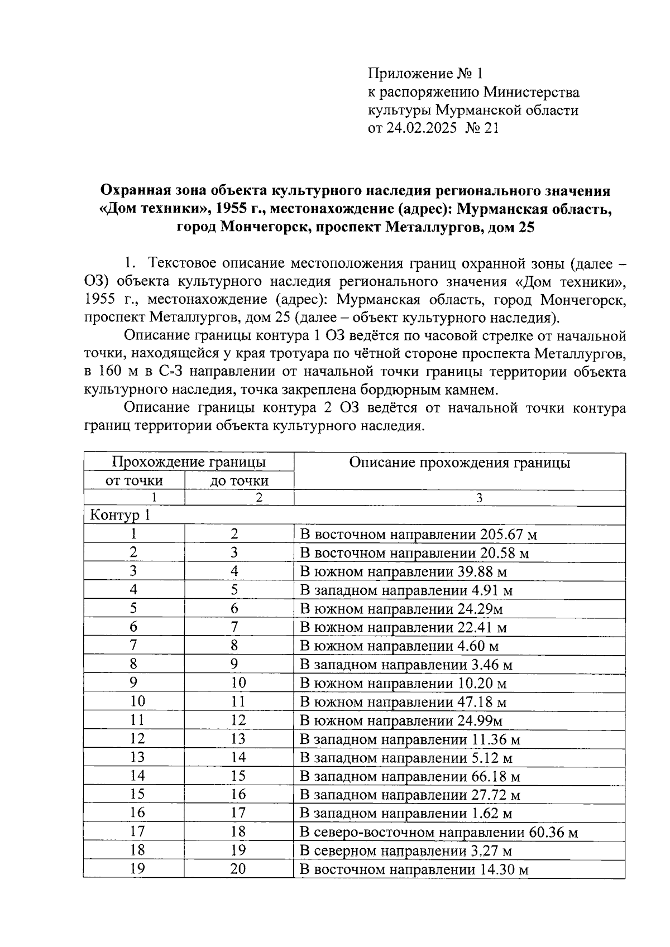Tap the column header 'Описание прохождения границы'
coord(460,463)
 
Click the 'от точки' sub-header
coord(134,480)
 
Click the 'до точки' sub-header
coord(239,480)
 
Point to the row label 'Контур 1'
coord(121,515)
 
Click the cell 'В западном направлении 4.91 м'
coord(406,590)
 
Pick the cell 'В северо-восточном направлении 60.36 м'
coord(439,833)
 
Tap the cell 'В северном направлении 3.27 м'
coord(406,851)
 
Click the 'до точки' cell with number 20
coord(238,869)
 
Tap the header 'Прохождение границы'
coord(189,462)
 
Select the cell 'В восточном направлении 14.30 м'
coord(414,869)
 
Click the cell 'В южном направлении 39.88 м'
coord(404,572)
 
